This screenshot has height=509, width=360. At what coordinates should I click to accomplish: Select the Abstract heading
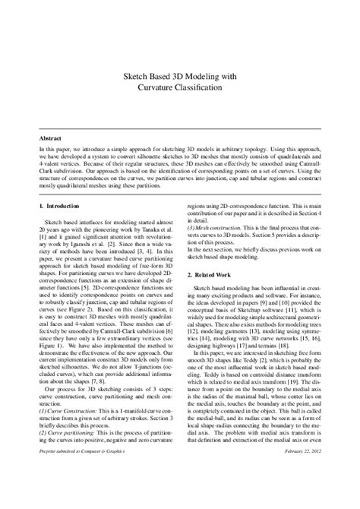tap(52, 139)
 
